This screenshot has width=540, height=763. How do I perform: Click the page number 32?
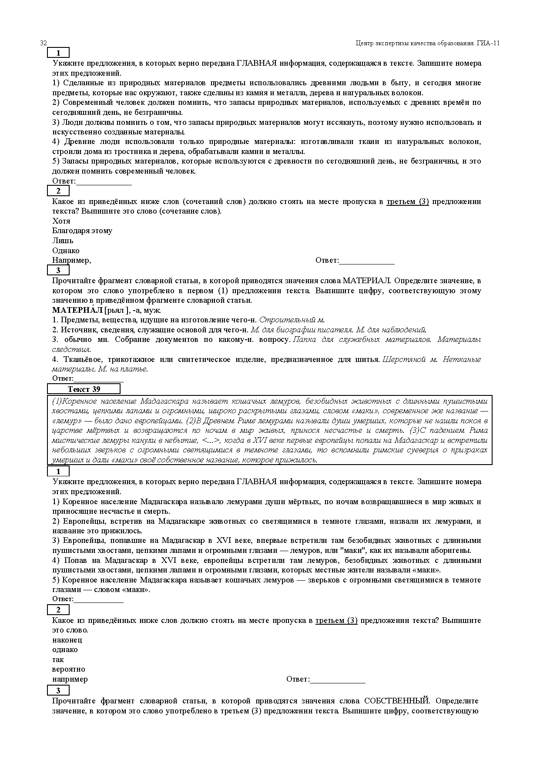[x=44, y=43]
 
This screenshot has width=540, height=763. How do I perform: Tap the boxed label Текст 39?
[x=84, y=389]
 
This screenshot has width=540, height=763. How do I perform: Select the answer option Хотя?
[x=61, y=221]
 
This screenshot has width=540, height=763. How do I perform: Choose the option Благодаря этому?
[x=82, y=231]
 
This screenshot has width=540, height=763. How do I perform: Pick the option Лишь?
[x=63, y=241]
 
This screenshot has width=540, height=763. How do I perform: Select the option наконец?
[x=67, y=640]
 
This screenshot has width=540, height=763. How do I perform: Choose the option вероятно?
[x=69, y=669]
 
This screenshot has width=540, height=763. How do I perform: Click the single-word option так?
[x=58, y=659]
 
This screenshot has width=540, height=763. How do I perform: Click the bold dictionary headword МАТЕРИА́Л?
[x=77, y=310]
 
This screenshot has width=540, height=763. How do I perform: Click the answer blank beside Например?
[x=366, y=261]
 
